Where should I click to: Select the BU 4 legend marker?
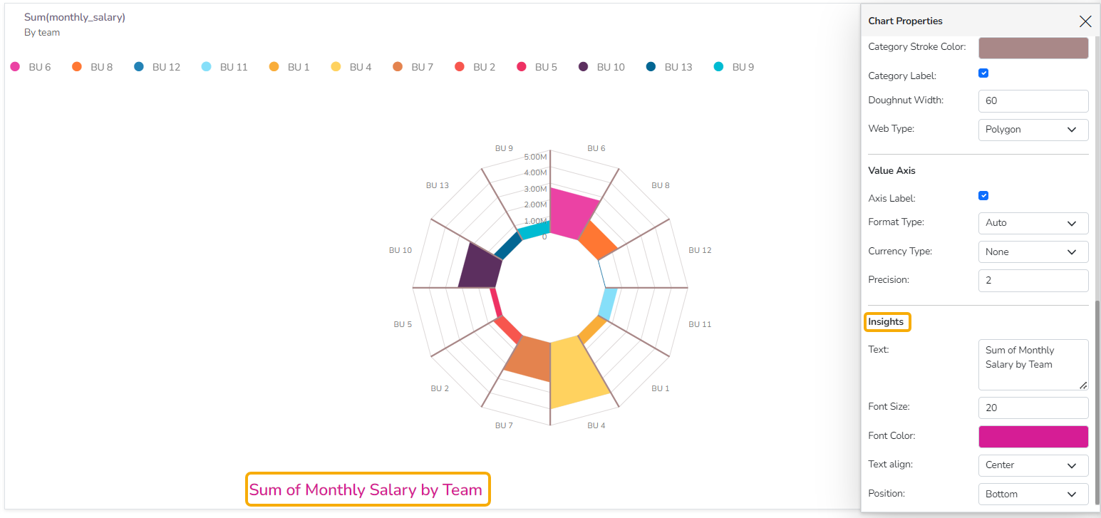(x=336, y=67)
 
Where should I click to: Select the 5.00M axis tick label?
(x=535, y=157)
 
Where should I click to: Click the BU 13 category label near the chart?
(x=437, y=185)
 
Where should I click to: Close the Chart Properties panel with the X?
(x=1085, y=21)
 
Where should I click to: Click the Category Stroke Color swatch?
(x=1033, y=48)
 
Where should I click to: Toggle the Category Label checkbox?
(x=983, y=73)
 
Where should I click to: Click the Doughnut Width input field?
(x=1033, y=101)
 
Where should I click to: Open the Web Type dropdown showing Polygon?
(x=1033, y=130)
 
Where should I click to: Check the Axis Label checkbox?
(x=983, y=196)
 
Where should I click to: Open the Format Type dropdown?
(x=1033, y=223)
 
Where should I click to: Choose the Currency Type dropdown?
(x=1033, y=252)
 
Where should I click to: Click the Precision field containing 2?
(x=1033, y=281)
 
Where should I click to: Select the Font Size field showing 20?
(x=1033, y=408)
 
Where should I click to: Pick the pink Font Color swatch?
(x=1033, y=437)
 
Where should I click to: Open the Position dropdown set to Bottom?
(x=1033, y=494)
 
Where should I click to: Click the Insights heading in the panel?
(x=886, y=322)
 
